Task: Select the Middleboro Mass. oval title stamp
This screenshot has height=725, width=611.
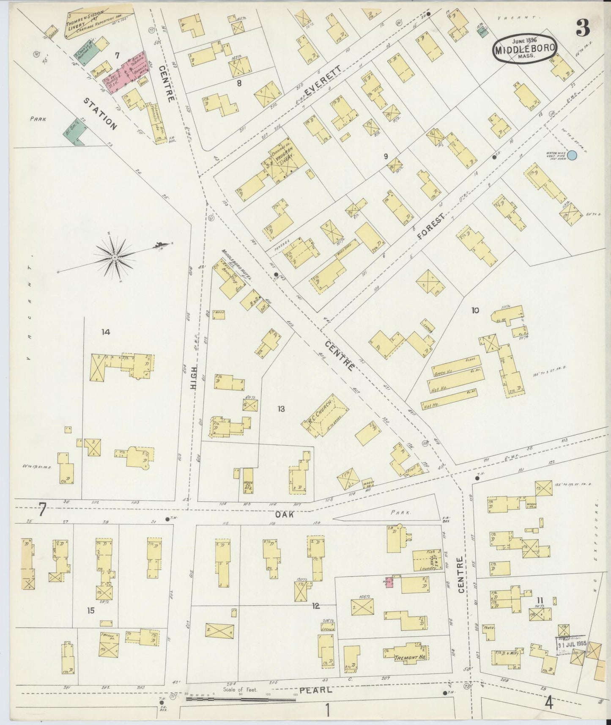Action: [x=524, y=49]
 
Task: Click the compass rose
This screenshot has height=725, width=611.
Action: [x=115, y=257]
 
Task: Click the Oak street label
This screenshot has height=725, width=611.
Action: [x=296, y=515]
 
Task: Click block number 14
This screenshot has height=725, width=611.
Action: [x=106, y=332]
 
